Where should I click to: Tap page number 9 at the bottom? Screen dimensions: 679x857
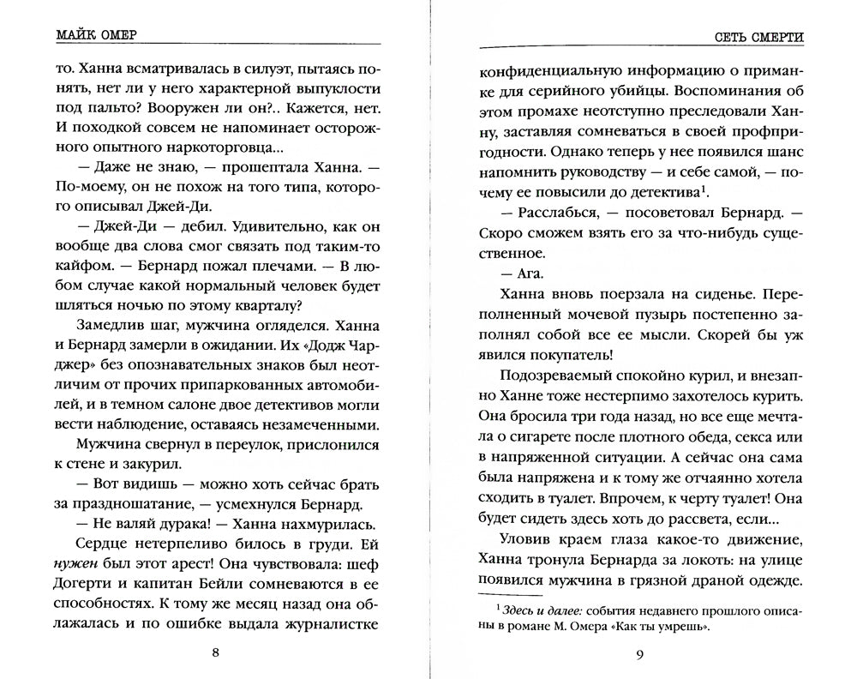639,656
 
